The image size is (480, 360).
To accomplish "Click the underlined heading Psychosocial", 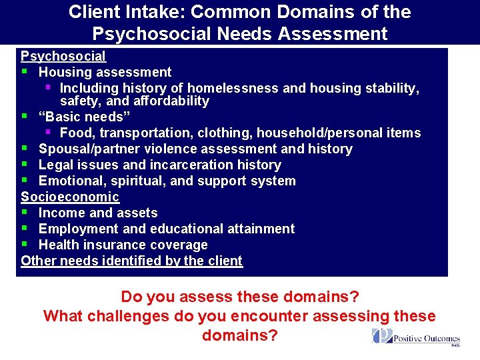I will [x=63, y=57].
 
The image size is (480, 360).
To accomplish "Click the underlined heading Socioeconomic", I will [x=70, y=197].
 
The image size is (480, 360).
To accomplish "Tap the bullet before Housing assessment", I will [x=24, y=71].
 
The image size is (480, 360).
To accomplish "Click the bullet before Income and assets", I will [x=24, y=213].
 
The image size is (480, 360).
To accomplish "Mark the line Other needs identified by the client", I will [x=132, y=261].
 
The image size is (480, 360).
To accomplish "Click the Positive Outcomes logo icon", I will [x=383, y=337].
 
